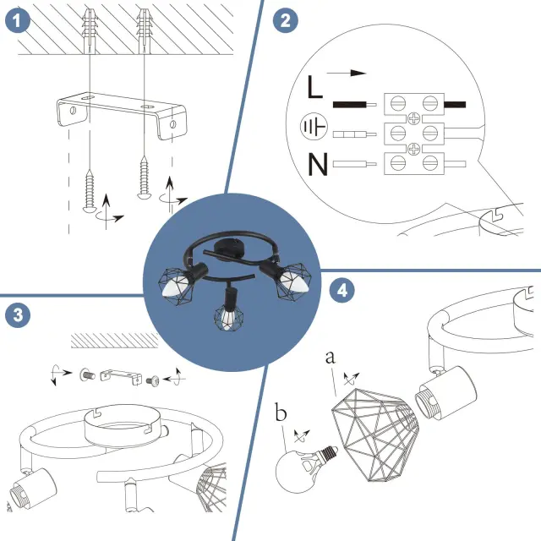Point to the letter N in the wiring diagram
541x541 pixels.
(317, 164)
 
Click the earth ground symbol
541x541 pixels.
(314, 128)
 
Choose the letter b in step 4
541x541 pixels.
(280, 414)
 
